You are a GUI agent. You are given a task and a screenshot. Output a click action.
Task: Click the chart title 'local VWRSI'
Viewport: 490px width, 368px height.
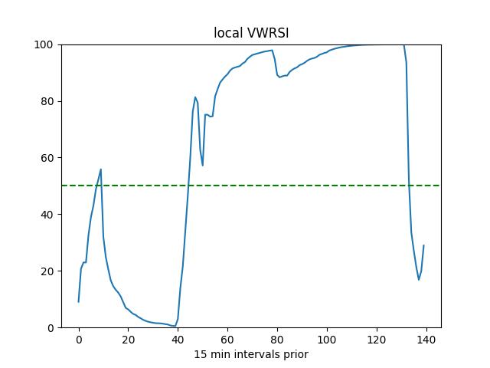click(x=250, y=33)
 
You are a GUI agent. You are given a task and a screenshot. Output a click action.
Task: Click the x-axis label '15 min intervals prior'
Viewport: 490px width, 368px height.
click(x=250, y=354)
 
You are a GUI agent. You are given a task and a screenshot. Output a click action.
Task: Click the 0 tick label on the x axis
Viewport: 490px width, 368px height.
click(x=79, y=340)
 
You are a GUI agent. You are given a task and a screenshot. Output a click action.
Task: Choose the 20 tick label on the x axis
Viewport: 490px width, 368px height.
click(x=129, y=340)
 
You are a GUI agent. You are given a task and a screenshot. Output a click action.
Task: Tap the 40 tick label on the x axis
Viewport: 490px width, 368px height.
click(x=178, y=340)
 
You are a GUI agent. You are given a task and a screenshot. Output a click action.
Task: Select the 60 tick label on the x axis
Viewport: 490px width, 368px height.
click(x=227, y=340)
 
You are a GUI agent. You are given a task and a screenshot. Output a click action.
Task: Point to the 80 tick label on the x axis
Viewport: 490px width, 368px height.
click(x=277, y=340)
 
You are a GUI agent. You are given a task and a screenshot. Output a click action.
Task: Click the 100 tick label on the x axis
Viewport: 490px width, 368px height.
click(x=327, y=340)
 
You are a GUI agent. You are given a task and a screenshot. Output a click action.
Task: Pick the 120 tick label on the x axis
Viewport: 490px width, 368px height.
click(x=377, y=340)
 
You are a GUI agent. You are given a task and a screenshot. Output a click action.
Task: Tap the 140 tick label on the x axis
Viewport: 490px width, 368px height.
click(x=426, y=340)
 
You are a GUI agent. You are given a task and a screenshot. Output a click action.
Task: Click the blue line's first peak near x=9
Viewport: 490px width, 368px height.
click(x=101, y=169)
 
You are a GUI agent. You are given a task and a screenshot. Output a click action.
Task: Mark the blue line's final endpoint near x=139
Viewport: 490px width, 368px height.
click(x=423, y=245)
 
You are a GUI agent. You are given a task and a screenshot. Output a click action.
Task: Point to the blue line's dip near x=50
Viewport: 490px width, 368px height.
click(x=203, y=166)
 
